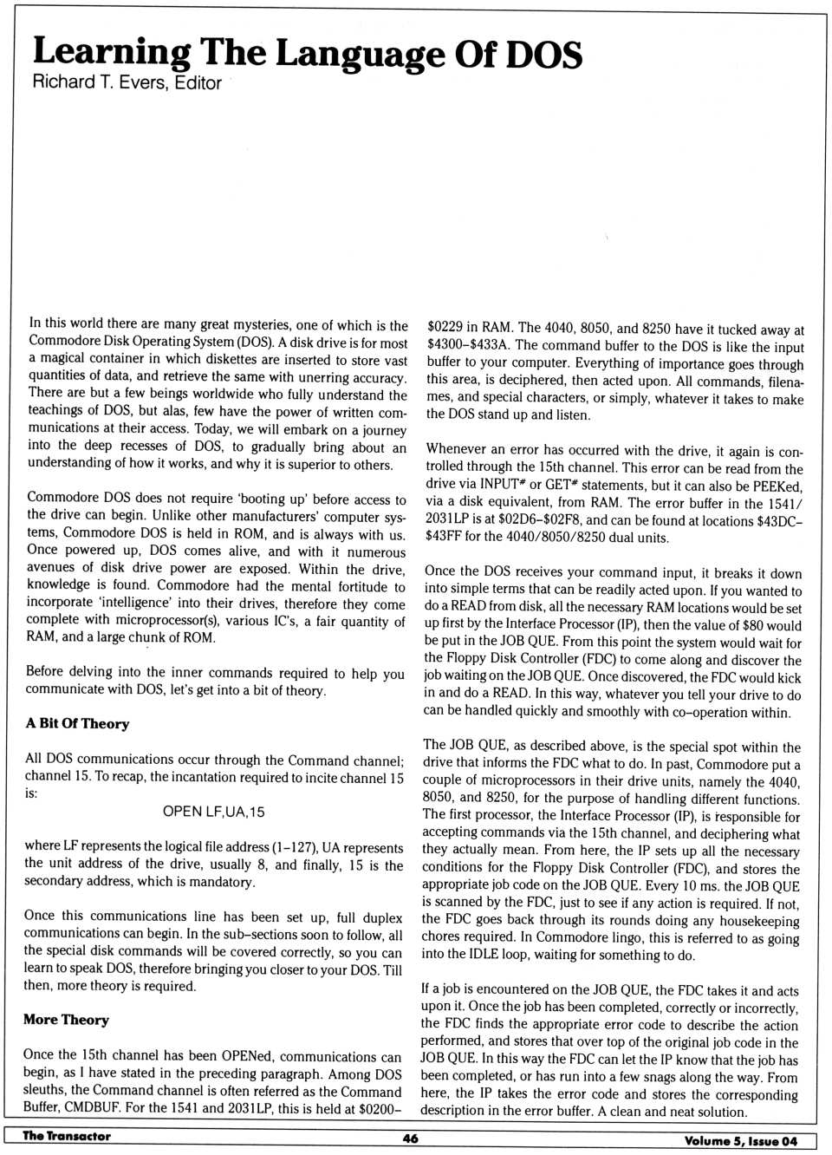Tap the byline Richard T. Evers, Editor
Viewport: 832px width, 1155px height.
tap(127, 83)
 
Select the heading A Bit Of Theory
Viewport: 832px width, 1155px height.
tap(77, 723)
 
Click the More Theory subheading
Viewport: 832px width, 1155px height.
tap(66, 1020)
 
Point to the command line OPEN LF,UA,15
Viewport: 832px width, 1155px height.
tap(213, 812)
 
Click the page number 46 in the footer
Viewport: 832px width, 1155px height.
tap(411, 1139)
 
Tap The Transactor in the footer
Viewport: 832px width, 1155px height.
tap(67, 1136)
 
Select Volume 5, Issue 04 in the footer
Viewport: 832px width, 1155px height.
tap(740, 1140)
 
